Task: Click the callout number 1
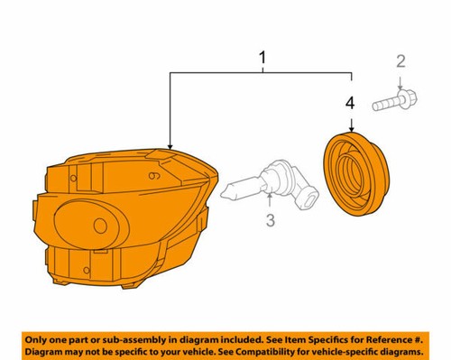pos(262,60)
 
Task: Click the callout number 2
pos(400,61)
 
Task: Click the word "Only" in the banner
pos(41,336)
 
